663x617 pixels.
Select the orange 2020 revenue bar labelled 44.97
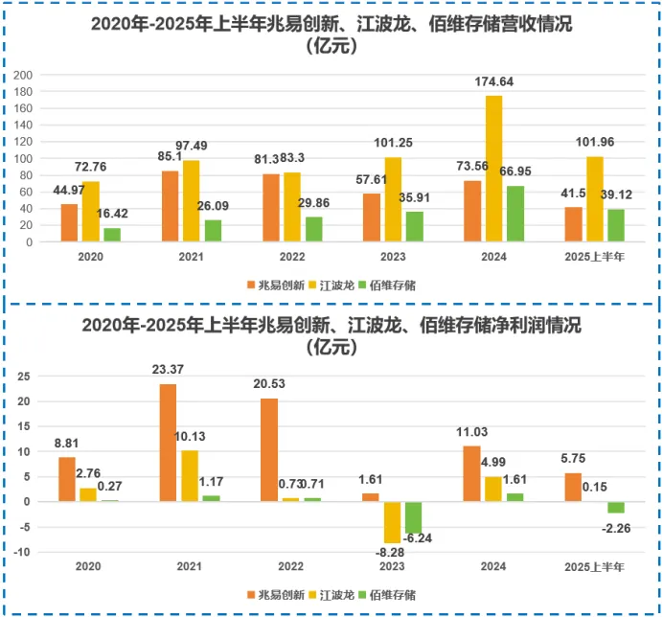click(x=69, y=223)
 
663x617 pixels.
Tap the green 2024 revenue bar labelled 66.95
click(x=515, y=214)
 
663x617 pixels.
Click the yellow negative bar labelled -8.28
click(x=392, y=522)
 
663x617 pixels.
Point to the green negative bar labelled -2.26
click(x=616, y=508)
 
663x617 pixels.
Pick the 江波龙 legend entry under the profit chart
click(x=333, y=594)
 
